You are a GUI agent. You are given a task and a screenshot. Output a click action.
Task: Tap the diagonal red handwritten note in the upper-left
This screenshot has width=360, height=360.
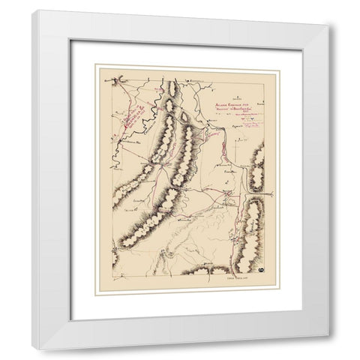[133, 112]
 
